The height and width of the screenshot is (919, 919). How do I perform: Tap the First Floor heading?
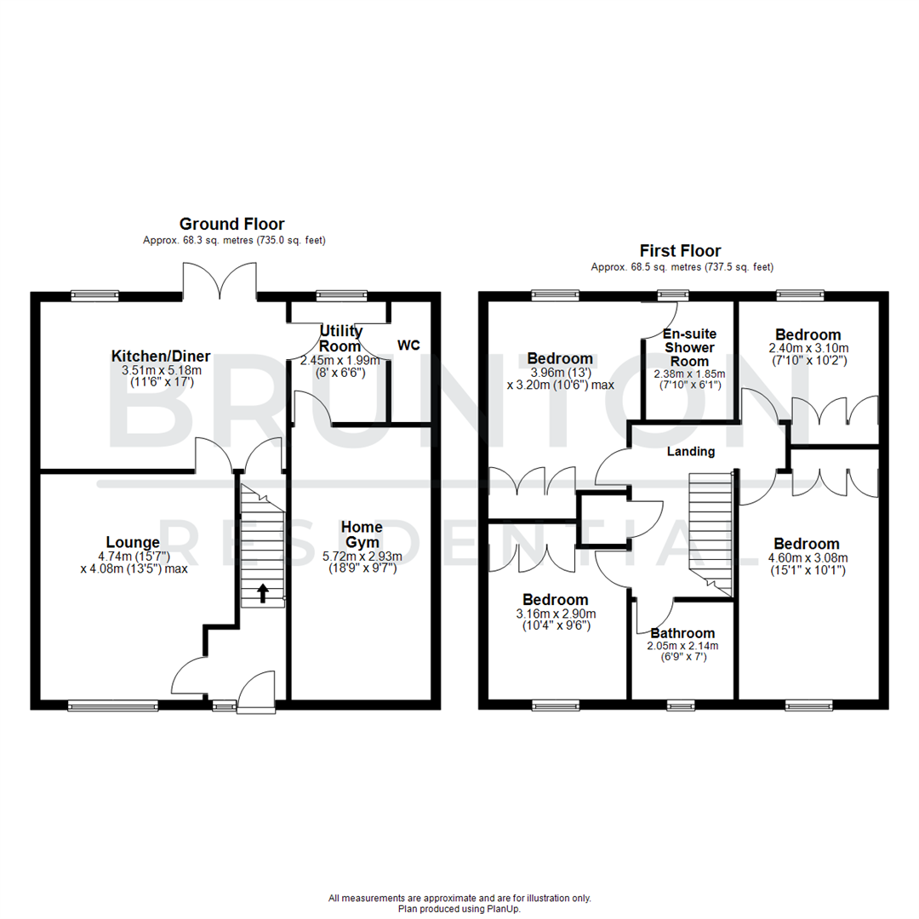680,251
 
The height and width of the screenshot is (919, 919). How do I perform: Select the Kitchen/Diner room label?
161,356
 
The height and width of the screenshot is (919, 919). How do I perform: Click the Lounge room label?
133,543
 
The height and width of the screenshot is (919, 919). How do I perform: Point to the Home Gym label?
362,535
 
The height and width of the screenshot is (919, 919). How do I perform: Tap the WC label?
408,345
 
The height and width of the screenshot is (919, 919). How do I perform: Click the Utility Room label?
340,339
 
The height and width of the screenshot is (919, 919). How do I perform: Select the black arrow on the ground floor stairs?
262,593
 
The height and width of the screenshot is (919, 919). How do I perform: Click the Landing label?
690,451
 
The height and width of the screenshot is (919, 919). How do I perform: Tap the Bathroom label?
682,633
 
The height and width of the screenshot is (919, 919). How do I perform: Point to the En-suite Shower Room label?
688,347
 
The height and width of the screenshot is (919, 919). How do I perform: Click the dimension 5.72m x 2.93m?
362,557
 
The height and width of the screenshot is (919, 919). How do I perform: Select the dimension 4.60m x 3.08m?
805,558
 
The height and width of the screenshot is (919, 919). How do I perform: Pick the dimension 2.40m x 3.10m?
807,348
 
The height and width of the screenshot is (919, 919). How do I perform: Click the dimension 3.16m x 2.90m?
555,614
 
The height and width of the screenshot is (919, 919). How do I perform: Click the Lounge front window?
113,705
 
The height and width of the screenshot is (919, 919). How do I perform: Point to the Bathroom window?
680,705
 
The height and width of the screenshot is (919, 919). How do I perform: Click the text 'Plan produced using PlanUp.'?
459,909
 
